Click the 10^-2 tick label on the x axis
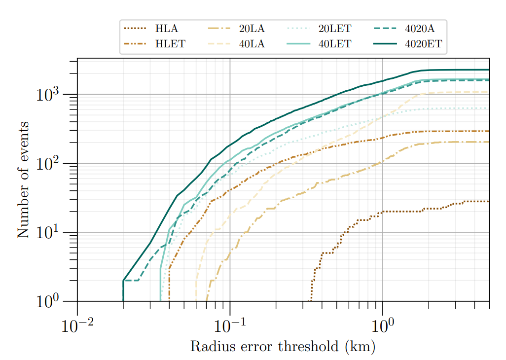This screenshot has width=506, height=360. tap(77, 325)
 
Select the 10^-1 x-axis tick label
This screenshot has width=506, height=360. tap(230, 325)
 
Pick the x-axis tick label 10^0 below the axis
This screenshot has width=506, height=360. tap(383, 325)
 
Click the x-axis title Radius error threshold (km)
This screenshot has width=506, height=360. tap(283, 346)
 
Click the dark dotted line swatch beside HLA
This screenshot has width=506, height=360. tap(136, 29)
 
